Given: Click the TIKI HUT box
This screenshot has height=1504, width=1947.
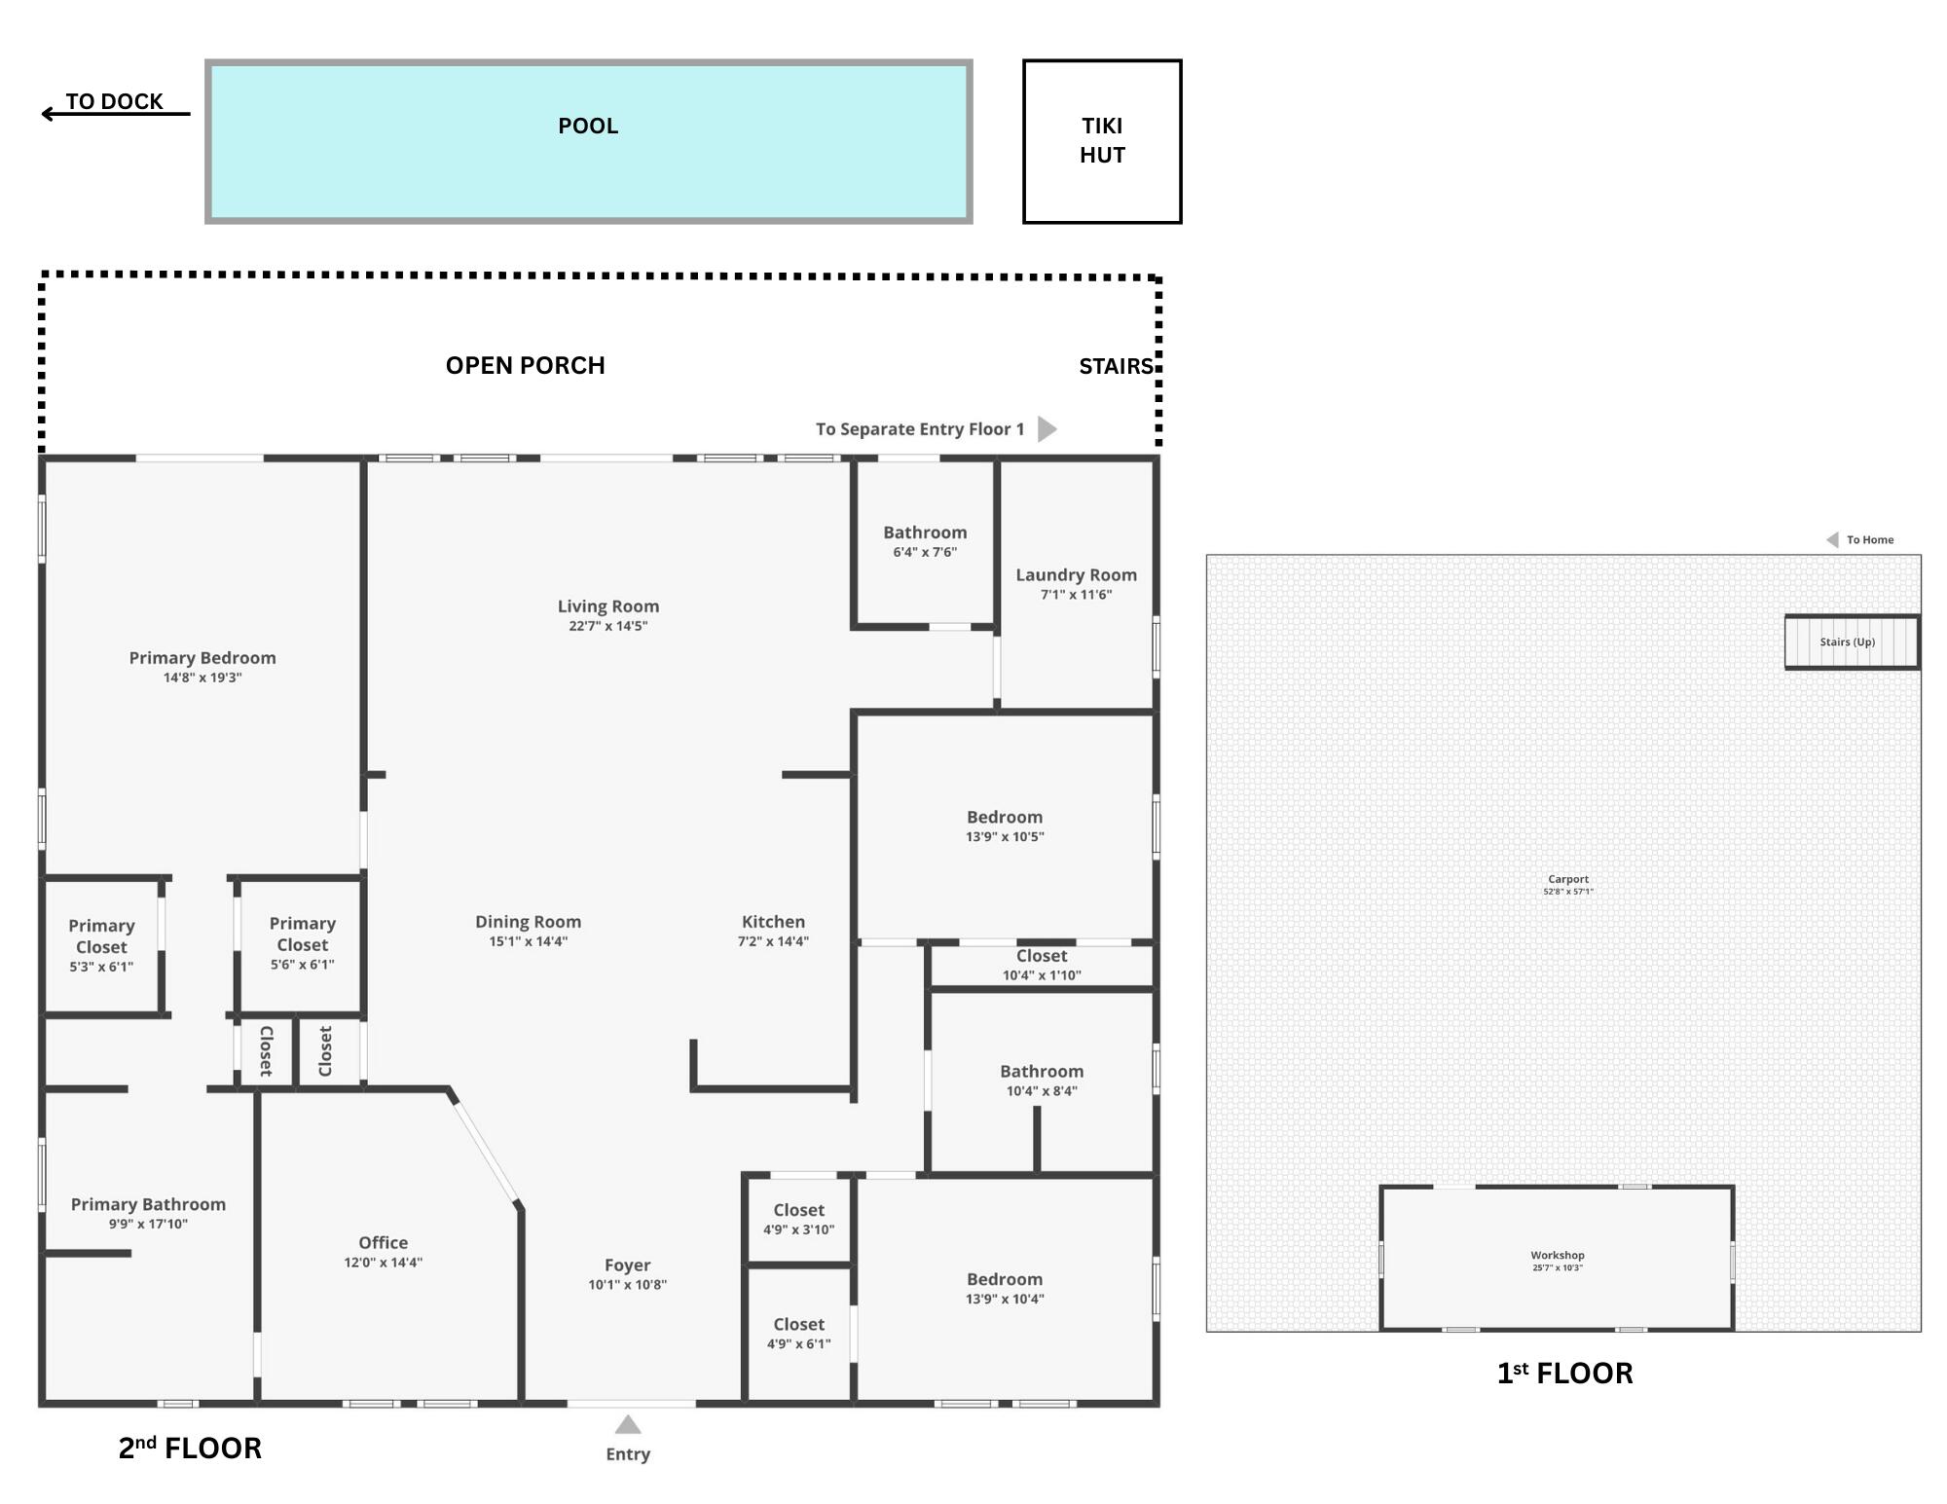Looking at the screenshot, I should [1102, 141].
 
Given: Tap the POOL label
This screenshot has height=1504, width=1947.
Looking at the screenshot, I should [588, 126].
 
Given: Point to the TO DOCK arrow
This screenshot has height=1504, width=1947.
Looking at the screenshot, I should [115, 114].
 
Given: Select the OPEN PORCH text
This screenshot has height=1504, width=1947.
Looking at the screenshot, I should [525, 365].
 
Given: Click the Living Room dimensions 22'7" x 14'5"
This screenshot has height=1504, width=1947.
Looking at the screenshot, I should [607, 626].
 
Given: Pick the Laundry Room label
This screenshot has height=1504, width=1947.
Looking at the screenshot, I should [1076, 574].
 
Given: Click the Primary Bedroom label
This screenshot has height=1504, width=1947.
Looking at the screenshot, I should [202, 658].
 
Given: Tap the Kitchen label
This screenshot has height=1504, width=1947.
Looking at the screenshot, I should [773, 922].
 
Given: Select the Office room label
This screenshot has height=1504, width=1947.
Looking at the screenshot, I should [383, 1242].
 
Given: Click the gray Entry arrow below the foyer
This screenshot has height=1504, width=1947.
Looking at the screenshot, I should [628, 1425].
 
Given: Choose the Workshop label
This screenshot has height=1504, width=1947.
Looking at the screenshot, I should [1557, 1256].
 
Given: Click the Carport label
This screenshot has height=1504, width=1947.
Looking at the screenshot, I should [1567, 879].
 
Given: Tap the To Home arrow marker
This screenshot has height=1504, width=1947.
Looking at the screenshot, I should [1832, 539].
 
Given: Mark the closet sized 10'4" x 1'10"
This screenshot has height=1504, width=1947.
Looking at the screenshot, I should [1042, 965].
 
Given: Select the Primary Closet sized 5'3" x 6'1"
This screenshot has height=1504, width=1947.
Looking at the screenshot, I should [101, 945].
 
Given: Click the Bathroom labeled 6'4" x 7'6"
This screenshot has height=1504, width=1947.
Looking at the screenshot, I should [925, 541].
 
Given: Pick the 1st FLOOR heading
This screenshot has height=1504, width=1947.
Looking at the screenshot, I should [1564, 1373].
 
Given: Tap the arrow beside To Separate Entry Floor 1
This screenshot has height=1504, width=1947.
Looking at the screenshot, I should [1047, 429].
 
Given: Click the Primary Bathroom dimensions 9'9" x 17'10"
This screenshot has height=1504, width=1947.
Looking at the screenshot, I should [148, 1225].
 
